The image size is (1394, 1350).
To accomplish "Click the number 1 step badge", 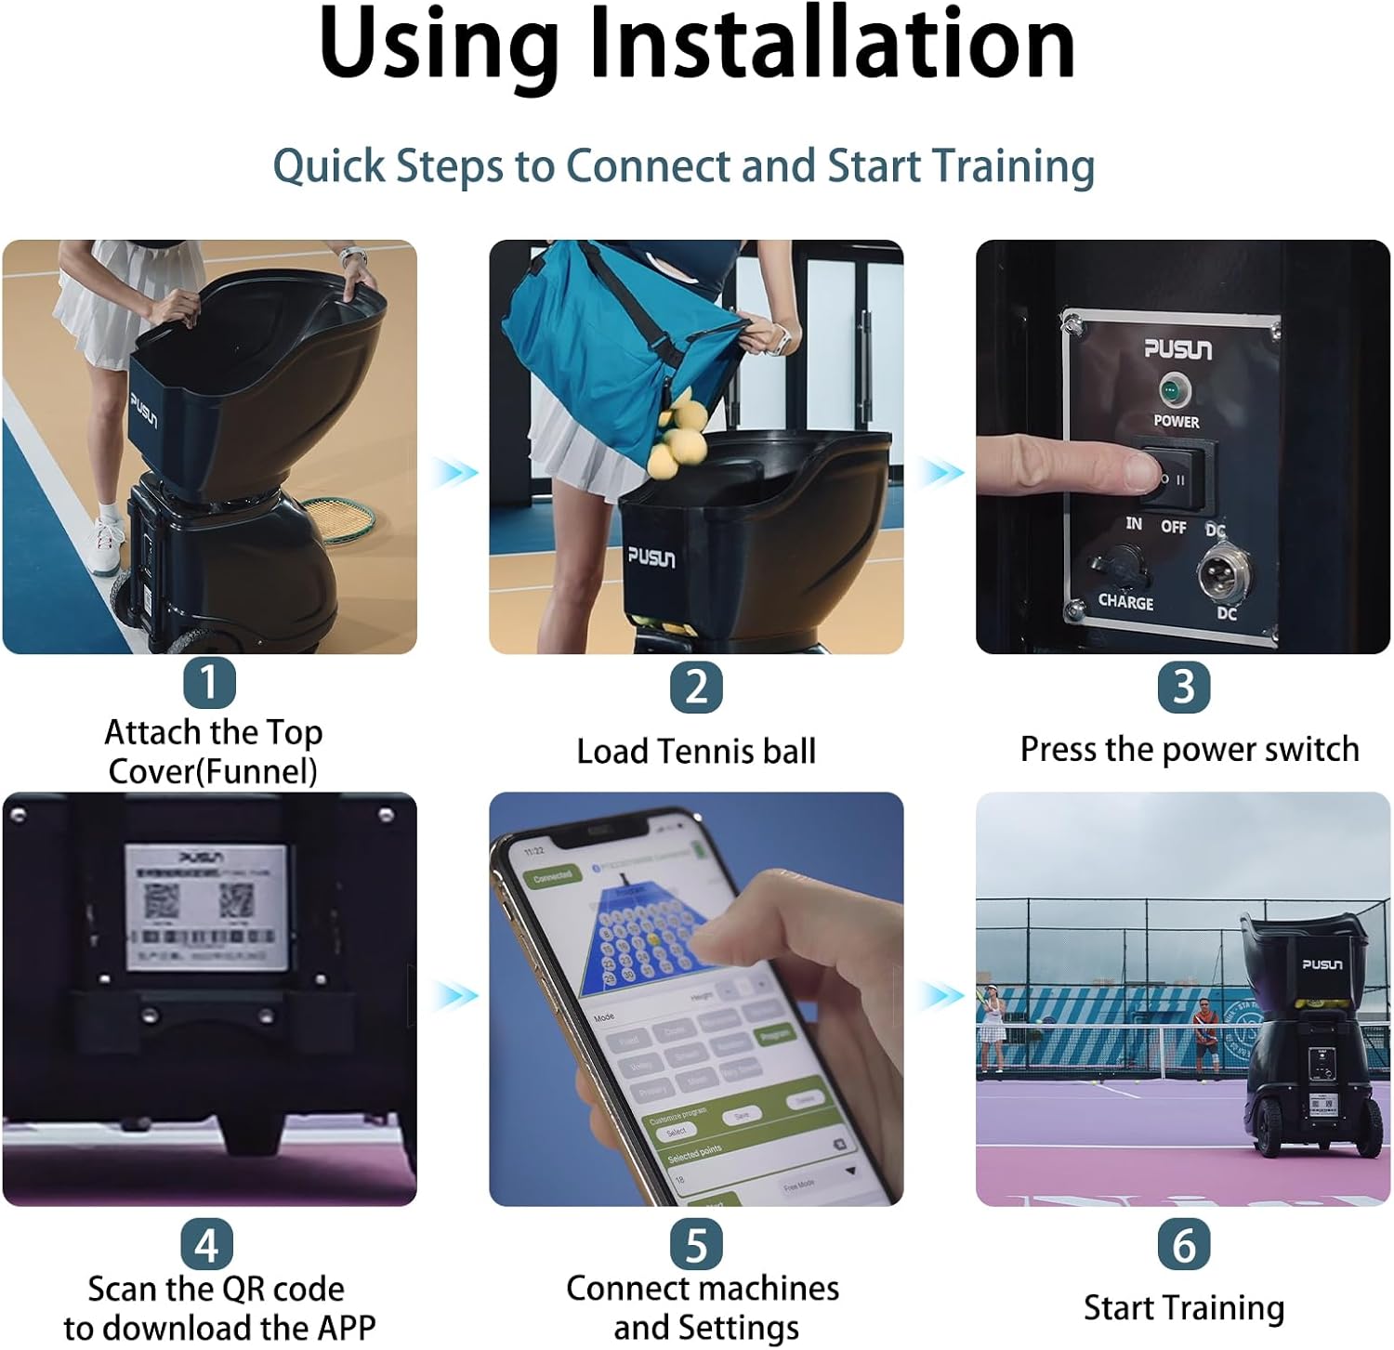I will pyautogui.click(x=209, y=683).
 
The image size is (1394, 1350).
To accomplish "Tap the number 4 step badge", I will pyautogui.click(x=206, y=1244).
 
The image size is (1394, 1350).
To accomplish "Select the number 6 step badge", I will pyautogui.click(x=1183, y=1244).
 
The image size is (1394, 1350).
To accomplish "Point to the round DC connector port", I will pyautogui.click(x=1221, y=571).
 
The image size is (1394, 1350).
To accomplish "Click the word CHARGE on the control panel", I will pyautogui.click(x=1125, y=602).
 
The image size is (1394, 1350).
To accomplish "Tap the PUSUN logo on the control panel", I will pyautogui.click(x=1177, y=348).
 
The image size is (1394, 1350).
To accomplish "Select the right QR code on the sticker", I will pyautogui.click(x=235, y=899).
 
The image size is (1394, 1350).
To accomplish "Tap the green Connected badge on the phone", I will pyautogui.click(x=552, y=877).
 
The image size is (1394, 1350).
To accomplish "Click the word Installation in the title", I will pyautogui.click(x=832, y=45).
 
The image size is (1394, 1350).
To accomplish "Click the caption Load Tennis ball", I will pyautogui.click(x=696, y=751).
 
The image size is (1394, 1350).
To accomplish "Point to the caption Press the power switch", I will pyautogui.click(x=1189, y=749).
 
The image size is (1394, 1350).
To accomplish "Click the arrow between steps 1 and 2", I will pyautogui.click(x=454, y=472).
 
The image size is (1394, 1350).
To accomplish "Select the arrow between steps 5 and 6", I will pyautogui.click(x=940, y=996).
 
